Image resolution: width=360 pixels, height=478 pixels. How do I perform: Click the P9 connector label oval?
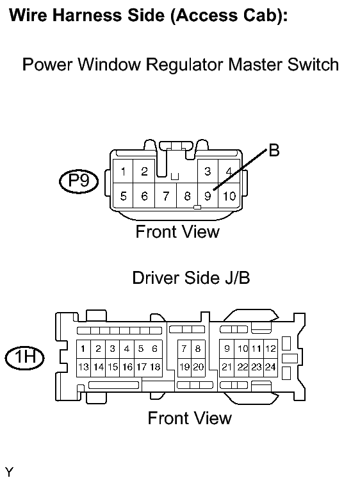pos(79,182)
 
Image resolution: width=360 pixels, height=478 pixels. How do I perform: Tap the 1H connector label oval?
pos(25,358)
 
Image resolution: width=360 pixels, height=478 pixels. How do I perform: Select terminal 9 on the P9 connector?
pos(208,195)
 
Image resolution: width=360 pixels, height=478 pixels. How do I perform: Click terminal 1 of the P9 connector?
pos(123,172)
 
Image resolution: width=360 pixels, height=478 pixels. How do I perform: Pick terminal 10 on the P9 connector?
pos(229,195)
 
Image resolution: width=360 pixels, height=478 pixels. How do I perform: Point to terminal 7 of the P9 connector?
pos(166,195)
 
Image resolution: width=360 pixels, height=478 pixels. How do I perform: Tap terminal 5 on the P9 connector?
pos(123,195)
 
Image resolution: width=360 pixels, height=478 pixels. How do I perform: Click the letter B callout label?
pos(274,151)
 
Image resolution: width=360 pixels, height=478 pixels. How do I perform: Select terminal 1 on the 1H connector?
pos(83,349)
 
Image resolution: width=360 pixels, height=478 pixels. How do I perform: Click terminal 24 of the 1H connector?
pos(270,367)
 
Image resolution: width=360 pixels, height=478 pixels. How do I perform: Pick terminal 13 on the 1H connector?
pos(83,367)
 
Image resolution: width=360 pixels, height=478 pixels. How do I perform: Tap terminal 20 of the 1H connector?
pos(199,367)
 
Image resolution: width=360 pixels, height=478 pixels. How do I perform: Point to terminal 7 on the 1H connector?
pos(184,349)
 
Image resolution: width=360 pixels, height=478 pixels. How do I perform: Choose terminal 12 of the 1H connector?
pos(270,349)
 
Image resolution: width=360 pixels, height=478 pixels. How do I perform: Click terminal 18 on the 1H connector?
pos(155,367)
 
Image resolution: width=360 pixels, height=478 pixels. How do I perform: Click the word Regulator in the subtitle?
pos(185,65)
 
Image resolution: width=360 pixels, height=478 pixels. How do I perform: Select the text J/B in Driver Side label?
pos(238,278)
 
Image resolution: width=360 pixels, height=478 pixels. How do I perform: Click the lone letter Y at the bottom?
pos(9,472)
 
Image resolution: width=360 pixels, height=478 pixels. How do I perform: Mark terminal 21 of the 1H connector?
pos(227,367)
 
